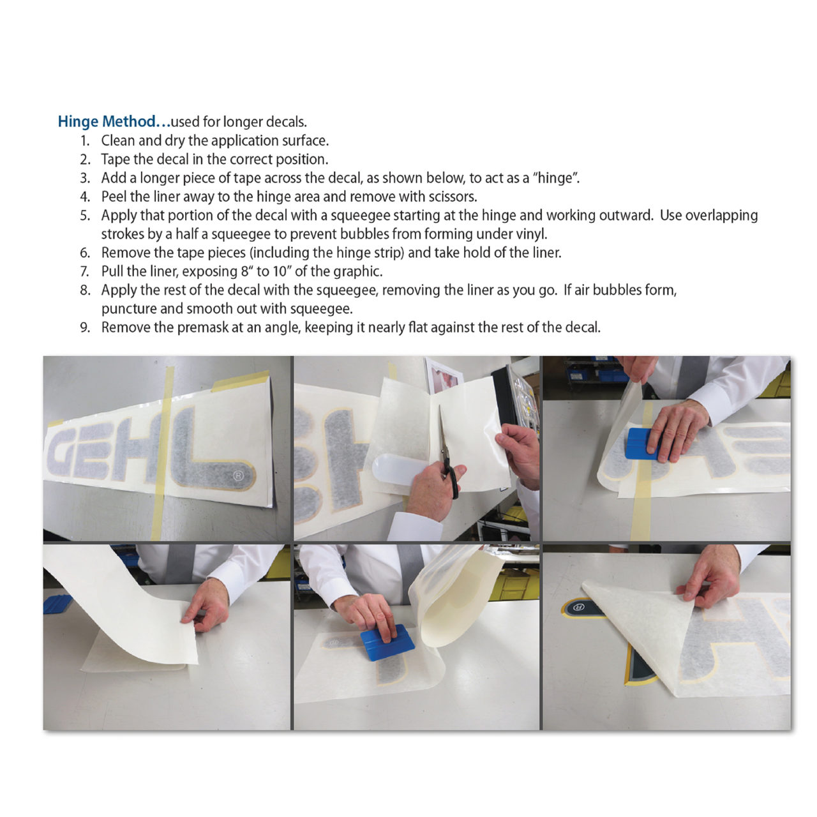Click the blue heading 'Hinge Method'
pos(107,122)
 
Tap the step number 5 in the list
pos(85,215)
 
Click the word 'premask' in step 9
pos(202,328)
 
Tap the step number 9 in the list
pos(85,327)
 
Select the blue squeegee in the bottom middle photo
pos(387,643)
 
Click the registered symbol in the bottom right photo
pos(579,607)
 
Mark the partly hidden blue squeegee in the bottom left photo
pos(57,604)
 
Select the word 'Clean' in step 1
pos(117,141)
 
